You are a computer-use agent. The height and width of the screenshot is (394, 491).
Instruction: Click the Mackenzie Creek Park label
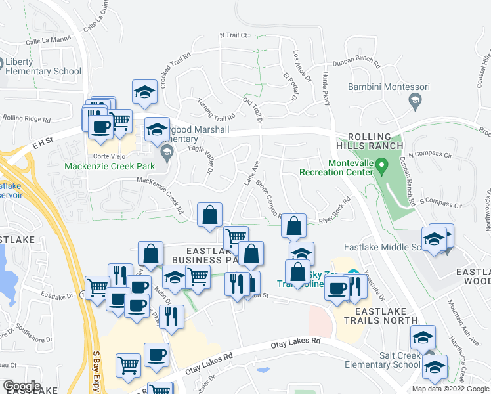tap(110, 166)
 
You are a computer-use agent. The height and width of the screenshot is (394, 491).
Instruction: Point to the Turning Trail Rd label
tap(216, 109)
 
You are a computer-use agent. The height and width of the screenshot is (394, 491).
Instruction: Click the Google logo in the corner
tap(22, 386)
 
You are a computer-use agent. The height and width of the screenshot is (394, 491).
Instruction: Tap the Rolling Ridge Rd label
tap(26, 119)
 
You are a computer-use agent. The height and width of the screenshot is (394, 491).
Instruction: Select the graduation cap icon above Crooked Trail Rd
tap(144, 92)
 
